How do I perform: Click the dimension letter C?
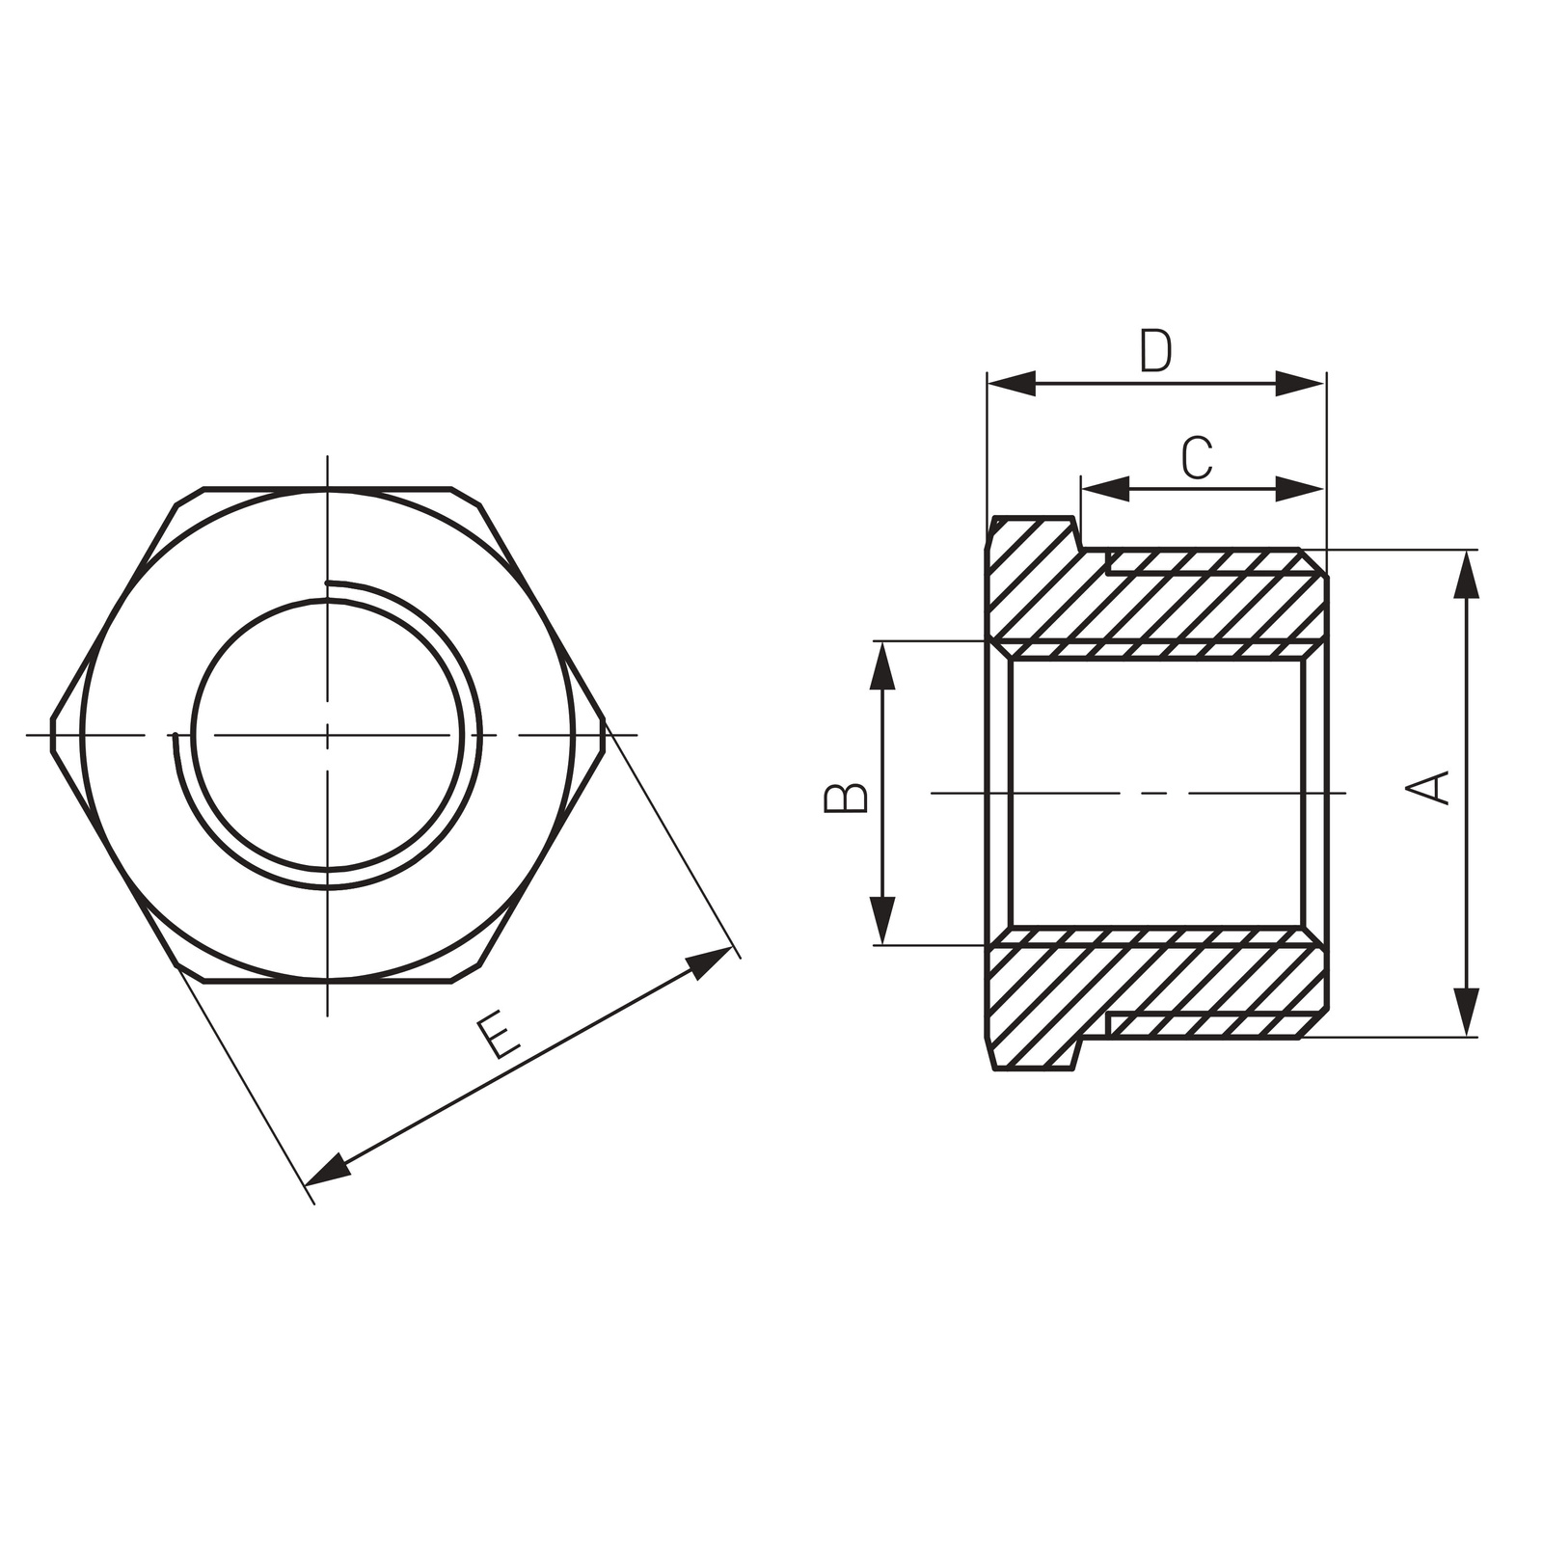[x=1197, y=458]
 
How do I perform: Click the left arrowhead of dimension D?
[x=1012, y=384]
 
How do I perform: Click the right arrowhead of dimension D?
[x=1300, y=384]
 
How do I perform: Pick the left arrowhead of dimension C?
[x=1105, y=489]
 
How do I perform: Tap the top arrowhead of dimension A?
[x=1466, y=575]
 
